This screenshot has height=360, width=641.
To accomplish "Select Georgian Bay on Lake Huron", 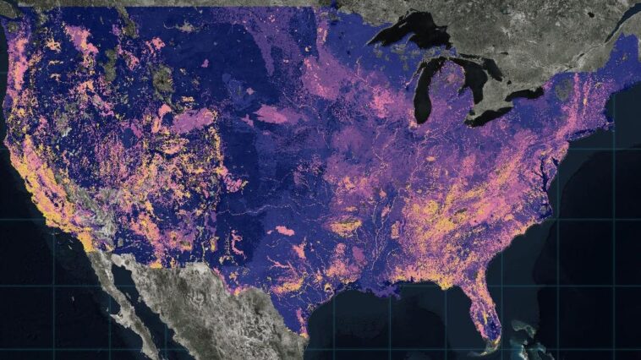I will [x=495, y=68].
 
